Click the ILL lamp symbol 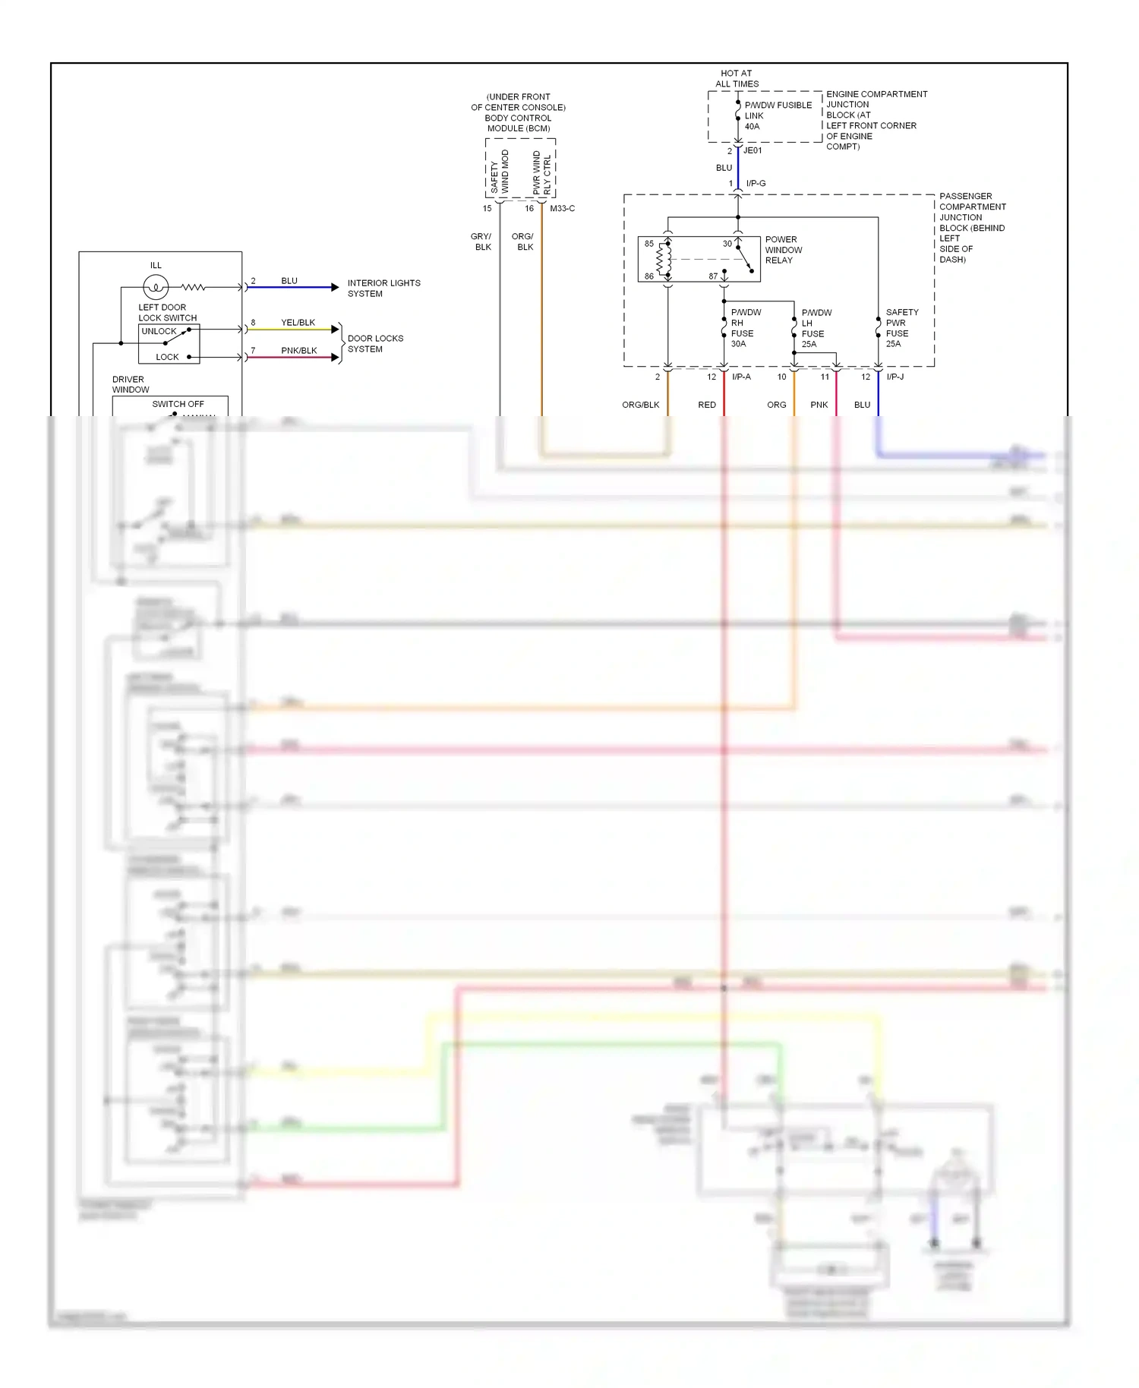click(156, 287)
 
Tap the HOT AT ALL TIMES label click(737, 79)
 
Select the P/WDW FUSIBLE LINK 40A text click(777, 115)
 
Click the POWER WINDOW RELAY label click(783, 250)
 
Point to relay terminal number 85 click(649, 244)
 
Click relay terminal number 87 click(713, 276)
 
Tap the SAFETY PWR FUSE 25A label click(901, 328)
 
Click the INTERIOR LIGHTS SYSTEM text click(383, 288)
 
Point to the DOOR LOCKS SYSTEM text click(375, 343)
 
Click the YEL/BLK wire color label click(298, 323)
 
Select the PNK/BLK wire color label click(298, 351)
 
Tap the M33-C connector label click(562, 208)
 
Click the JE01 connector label click(752, 150)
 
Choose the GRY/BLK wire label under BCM click(482, 241)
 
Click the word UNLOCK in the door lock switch click(159, 331)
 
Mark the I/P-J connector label click(894, 377)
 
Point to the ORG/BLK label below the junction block click(640, 405)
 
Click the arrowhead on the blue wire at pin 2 click(335, 287)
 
